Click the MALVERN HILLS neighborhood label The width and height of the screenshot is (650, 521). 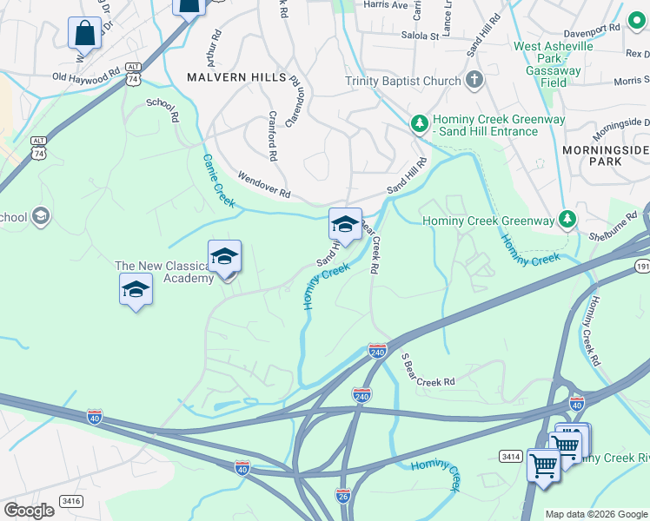[x=236, y=77]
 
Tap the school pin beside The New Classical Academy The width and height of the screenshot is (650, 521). [x=224, y=257]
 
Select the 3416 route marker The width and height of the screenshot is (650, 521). [x=70, y=500]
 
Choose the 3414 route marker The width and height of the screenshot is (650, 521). [x=510, y=455]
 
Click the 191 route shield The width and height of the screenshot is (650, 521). [x=642, y=265]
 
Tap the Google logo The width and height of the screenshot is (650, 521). [x=29, y=510]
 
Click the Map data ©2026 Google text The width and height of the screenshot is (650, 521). [x=595, y=514]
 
